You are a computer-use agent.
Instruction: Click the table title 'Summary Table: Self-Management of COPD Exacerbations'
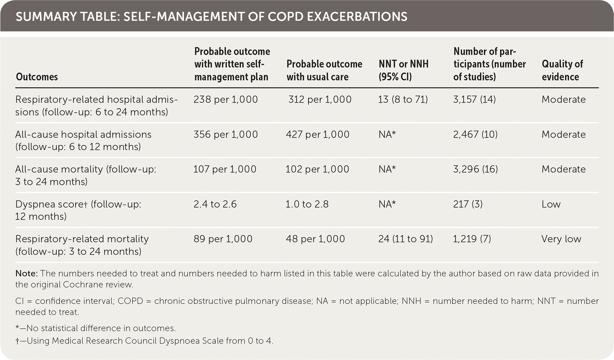211,17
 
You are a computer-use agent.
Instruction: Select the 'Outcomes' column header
37,77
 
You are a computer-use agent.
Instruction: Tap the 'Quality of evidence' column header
562,70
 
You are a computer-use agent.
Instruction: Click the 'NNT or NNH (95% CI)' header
403,70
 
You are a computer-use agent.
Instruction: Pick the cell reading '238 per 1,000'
225,99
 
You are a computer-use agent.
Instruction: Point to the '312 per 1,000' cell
320,99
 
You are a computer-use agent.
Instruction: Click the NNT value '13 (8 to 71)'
403,99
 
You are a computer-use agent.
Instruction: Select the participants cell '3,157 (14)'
474,99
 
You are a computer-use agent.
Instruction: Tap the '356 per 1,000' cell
225,134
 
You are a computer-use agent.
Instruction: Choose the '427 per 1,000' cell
318,134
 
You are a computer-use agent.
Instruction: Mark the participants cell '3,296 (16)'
475,169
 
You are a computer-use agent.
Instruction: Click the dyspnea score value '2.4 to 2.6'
215,204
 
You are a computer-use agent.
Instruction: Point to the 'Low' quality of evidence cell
551,204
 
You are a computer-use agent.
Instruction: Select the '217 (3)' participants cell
468,204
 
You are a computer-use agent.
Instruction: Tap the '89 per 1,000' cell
223,239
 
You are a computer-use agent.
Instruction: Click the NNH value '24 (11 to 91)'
406,239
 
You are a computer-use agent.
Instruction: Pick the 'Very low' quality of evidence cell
561,239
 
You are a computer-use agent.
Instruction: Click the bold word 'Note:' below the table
27,274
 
